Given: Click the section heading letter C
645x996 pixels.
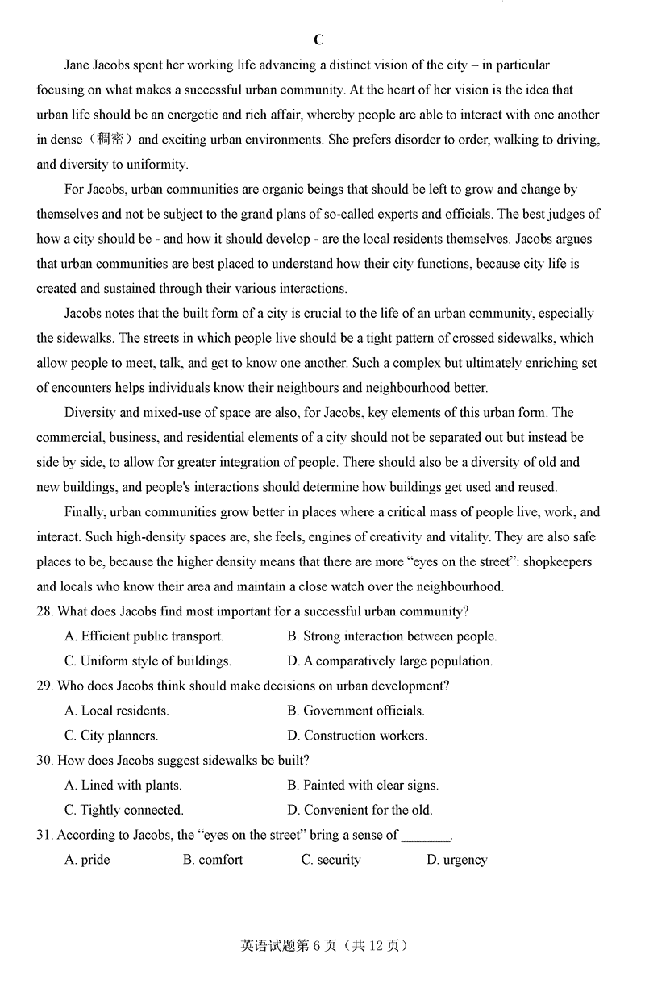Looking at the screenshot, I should click(318, 40).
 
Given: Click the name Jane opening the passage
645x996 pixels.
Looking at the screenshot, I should click(78, 65).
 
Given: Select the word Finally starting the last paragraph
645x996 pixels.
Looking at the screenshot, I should click(84, 512).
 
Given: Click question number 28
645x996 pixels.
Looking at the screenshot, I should click(44, 611).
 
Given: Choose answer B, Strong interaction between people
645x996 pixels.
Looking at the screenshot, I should click(392, 636).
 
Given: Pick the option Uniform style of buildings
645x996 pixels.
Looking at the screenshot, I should click(148, 661).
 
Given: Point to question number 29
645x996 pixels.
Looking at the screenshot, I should click(44, 686).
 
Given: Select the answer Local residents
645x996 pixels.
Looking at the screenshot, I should click(117, 711).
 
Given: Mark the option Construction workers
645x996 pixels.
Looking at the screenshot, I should click(357, 736).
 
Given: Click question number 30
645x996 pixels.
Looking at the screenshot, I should click(44, 761).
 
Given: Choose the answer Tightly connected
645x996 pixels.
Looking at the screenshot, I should click(124, 810).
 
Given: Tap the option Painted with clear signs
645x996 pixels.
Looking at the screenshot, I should click(363, 785).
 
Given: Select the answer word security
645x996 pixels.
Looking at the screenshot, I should click(331, 860).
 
